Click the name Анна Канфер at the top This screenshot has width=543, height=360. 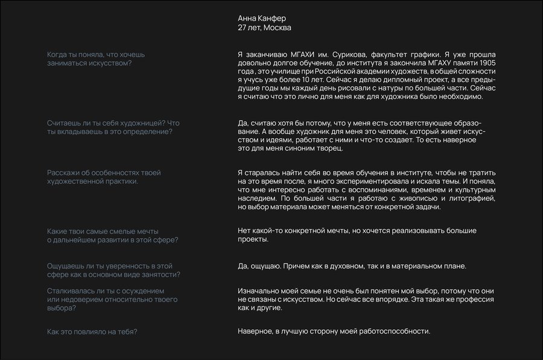(262, 18)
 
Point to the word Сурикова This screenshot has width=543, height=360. (338, 54)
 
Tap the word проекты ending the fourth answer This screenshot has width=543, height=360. (253, 239)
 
